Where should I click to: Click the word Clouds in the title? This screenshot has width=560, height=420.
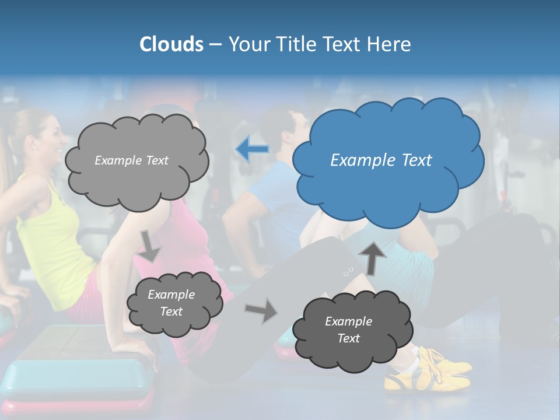[x=171, y=44]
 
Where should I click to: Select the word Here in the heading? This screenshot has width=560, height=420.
[x=390, y=44]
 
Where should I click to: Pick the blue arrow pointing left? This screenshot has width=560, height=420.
[x=252, y=149]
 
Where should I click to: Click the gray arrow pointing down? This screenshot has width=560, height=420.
[x=150, y=246]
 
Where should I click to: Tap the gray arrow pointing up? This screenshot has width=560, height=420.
[x=373, y=257]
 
